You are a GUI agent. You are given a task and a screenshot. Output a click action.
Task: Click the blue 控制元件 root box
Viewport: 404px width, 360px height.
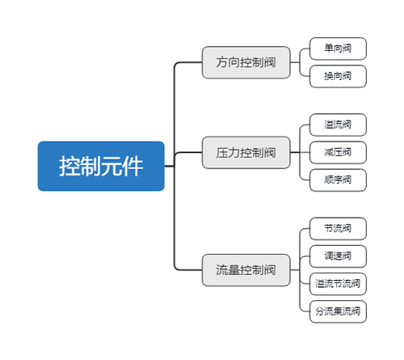click(101, 166)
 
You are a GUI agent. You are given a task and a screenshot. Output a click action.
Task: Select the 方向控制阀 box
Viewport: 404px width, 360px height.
click(246, 62)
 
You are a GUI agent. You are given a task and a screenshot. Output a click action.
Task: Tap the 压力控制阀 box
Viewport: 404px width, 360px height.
click(246, 153)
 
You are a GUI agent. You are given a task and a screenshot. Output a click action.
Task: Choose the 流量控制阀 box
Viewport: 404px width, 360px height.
click(246, 270)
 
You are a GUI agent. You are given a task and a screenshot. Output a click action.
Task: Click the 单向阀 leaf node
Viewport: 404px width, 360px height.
click(338, 49)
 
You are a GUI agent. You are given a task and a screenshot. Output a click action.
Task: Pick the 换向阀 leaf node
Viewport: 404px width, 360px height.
click(338, 76)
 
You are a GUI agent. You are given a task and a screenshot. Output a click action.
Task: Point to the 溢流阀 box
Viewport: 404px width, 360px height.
click(338, 125)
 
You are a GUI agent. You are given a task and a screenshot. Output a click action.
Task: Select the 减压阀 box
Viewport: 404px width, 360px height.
click(338, 152)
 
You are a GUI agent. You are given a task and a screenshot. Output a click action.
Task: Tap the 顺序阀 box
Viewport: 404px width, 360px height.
click(338, 180)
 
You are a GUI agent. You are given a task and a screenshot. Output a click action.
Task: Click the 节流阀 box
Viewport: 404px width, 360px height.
click(338, 229)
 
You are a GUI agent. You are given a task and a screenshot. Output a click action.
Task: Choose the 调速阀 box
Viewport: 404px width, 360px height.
click(338, 256)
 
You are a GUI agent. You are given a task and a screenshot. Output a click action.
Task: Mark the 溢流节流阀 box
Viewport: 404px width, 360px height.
click(338, 284)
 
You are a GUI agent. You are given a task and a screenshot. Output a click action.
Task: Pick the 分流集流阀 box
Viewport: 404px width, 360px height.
click(338, 311)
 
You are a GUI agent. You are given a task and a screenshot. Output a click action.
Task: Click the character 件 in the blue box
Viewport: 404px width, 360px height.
click(133, 166)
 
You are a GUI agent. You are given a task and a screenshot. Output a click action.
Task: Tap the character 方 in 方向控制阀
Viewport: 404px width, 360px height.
click(221, 62)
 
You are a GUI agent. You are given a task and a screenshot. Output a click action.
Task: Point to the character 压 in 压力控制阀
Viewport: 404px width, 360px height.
click(221, 153)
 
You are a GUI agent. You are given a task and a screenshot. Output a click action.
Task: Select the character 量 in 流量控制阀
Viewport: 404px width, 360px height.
click(234, 270)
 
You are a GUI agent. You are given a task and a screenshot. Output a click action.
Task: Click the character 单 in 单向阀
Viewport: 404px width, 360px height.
click(329, 49)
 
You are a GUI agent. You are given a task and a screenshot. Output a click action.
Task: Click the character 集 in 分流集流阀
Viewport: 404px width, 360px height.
click(338, 311)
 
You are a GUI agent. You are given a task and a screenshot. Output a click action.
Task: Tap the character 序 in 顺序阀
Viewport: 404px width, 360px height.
click(338, 180)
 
